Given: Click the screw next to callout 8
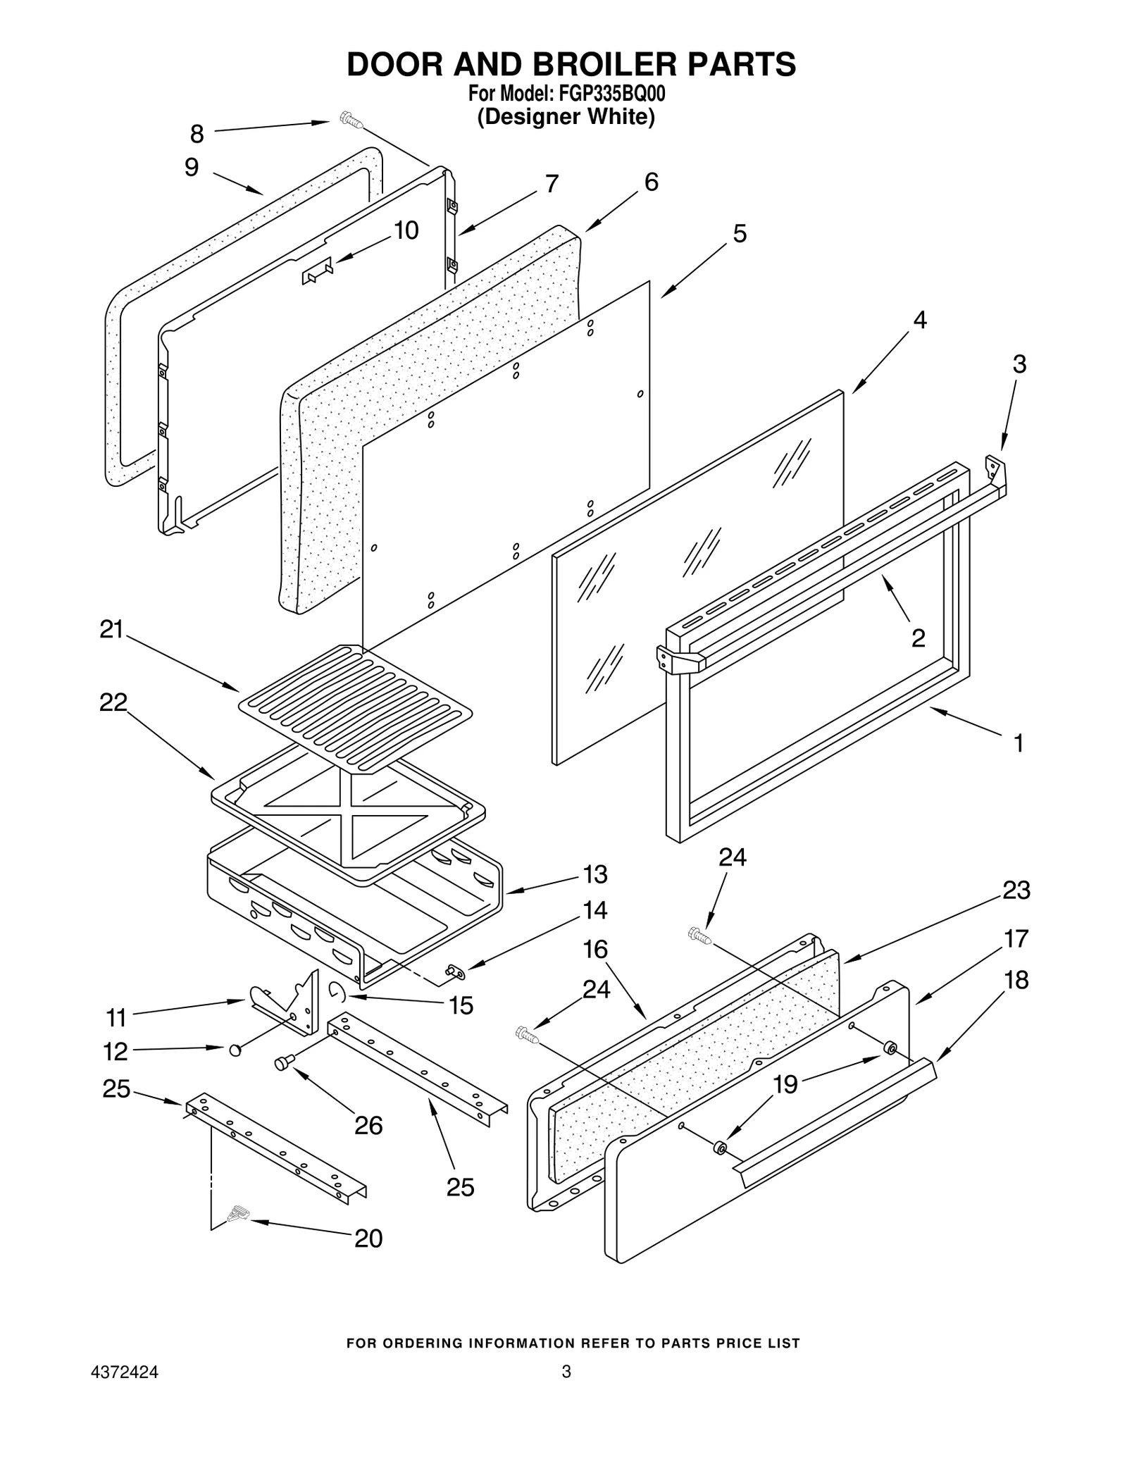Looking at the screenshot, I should click(x=350, y=120).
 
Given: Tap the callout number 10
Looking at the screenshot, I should click(x=406, y=230).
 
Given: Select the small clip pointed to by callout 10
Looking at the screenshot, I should click(x=316, y=270).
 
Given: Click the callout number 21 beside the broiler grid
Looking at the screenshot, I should click(x=111, y=629).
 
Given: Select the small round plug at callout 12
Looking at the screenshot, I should click(x=235, y=1050).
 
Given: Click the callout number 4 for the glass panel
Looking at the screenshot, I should click(x=919, y=320).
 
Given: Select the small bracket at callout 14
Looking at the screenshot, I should click(x=454, y=973).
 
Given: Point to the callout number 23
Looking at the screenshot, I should click(x=1016, y=890).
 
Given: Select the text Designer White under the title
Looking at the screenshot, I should click(x=566, y=116).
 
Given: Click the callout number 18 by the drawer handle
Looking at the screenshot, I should click(x=1016, y=980).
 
